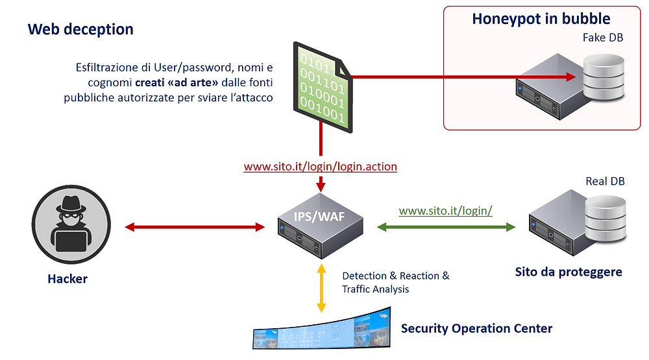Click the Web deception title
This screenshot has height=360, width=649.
(80, 29)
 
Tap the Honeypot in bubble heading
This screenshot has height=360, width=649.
(541, 19)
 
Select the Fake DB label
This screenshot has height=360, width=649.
(603, 38)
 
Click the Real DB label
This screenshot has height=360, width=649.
(605, 181)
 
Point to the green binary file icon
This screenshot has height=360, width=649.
(323, 88)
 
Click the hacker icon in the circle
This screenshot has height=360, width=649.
(71, 224)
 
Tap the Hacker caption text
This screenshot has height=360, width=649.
(67, 279)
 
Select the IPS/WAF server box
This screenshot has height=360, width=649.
(321, 226)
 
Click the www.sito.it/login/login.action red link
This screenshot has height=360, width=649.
(321, 166)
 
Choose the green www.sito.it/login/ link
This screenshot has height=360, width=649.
(445, 211)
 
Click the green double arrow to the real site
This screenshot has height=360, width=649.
(447, 227)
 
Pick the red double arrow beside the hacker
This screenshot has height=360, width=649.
(195, 227)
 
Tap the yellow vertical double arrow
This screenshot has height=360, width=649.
(321, 288)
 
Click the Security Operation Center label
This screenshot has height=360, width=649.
(476, 329)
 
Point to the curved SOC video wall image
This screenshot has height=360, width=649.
(322, 330)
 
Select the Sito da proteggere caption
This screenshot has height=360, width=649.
(569, 272)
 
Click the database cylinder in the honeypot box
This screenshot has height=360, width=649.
(604, 77)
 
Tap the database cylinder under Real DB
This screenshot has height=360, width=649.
(606, 219)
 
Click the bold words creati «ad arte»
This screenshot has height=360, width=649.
(177, 83)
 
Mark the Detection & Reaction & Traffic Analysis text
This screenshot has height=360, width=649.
(395, 282)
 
